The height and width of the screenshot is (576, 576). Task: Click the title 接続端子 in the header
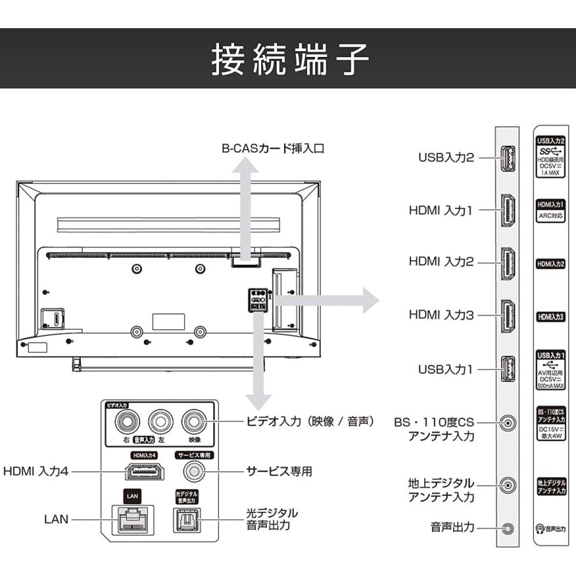pyautogui.click(x=290, y=60)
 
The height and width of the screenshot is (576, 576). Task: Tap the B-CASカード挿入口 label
pyautogui.click(x=273, y=148)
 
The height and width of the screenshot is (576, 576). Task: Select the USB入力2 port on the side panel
pyautogui.click(x=507, y=157)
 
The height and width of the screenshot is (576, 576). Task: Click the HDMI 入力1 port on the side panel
pyautogui.click(x=507, y=210)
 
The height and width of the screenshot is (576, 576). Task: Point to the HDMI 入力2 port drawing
pyautogui.click(x=507, y=262)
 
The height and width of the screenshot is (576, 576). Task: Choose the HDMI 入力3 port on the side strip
pyautogui.click(x=507, y=316)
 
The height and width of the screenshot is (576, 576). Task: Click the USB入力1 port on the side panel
pyautogui.click(x=507, y=369)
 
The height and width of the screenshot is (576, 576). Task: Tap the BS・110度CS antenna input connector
pyautogui.click(x=508, y=423)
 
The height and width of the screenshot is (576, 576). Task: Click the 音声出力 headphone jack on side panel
pyautogui.click(x=508, y=528)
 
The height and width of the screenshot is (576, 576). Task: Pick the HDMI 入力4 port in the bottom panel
pyautogui.click(x=144, y=472)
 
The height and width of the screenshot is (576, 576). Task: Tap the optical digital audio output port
pyautogui.click(x=188, y=520)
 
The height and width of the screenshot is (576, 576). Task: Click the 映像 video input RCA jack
pyautogui.click(x=194, y=422)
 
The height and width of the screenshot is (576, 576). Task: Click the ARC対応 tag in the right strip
pyautogui.click(x=550, y=216)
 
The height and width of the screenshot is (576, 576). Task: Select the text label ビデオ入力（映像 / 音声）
pyautogui.click(x=310, y=422)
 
